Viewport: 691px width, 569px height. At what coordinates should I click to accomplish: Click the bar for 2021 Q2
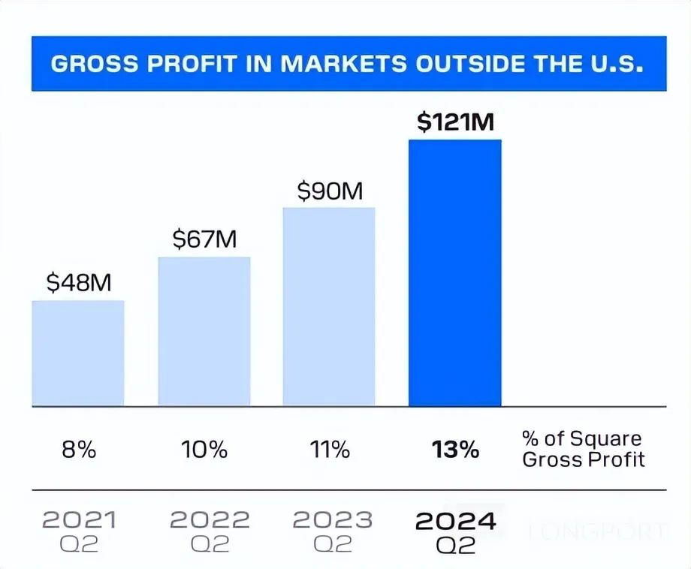(x=78, y=353)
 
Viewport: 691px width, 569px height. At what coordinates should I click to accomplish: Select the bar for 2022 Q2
(x=204, y=331)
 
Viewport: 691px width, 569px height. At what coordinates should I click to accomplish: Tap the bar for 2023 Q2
(x=329, y=306)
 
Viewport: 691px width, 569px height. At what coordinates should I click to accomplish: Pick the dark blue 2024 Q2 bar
(x=454, y=272)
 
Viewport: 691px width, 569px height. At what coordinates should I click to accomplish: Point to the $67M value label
(x=204, y=239)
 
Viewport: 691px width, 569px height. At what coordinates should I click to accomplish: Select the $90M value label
(x=330, y=191)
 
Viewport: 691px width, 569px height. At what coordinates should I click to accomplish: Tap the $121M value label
(x=455, y=123)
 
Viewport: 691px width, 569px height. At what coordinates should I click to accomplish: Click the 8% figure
(x=78, y=450)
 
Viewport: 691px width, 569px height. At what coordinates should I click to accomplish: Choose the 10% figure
(x=204, y=450)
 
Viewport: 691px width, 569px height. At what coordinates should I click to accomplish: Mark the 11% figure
(x=330, y=450)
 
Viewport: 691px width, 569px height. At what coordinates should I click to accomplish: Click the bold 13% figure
(x=455, y=450)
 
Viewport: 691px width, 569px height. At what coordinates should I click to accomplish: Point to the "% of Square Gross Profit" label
(x=584, y=449)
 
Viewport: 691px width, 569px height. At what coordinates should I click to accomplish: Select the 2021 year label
(x=78, y=519)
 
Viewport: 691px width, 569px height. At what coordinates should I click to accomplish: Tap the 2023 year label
(x=332, y=519)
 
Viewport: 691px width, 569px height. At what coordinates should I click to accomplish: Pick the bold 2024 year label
(x=456, y=519)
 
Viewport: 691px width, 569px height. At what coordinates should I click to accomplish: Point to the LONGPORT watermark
(x=598, y=532)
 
